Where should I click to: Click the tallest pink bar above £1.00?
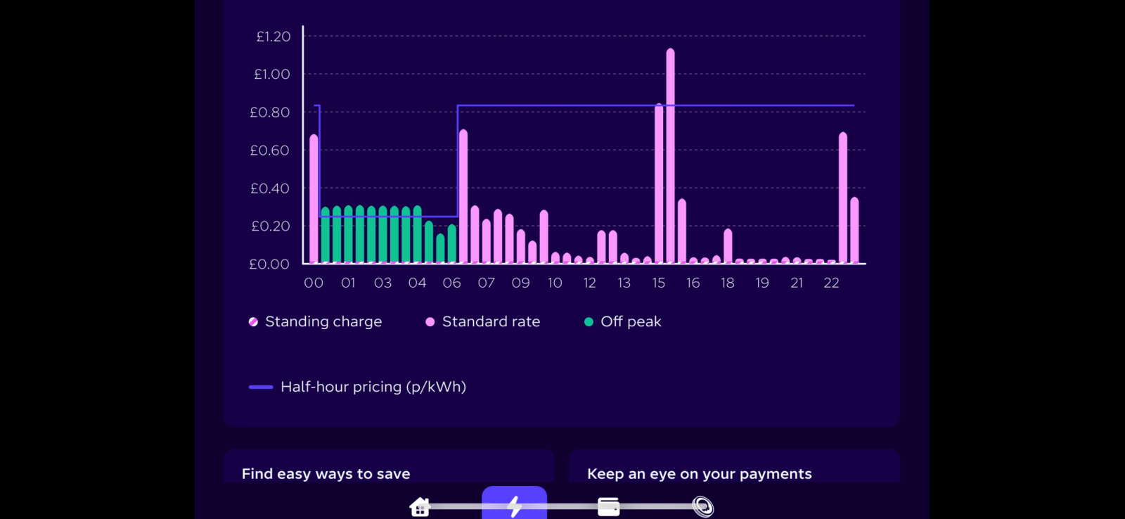[670, 155]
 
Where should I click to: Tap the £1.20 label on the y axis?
[273, 37]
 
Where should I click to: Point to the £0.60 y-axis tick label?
[270, 150]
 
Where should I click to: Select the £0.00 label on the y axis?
[269, 264]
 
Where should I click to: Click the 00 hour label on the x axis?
[314, 283]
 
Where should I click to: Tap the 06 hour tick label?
[452, 283]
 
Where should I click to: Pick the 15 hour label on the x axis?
[659, 283]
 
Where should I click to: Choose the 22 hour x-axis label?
[831, 283]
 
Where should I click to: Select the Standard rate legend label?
[491, 321]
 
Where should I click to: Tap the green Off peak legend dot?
[589, 322]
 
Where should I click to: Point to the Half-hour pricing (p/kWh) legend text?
[373, 387]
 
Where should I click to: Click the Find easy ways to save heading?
[326, 474]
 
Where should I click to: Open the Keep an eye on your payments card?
[699, 474]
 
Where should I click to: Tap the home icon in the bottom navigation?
[420, 506]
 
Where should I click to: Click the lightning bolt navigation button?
[514, 505]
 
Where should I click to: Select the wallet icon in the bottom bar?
[608, 506]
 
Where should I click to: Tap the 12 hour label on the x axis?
[590, 283]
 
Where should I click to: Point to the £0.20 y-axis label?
[271, 226]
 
